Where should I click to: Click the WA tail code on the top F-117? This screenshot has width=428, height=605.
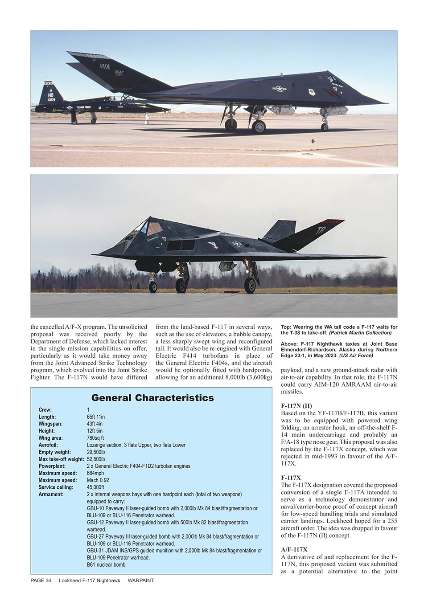(105, 67)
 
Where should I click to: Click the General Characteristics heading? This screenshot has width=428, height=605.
(152, 398)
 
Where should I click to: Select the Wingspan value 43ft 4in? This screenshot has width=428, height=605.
(96, 424)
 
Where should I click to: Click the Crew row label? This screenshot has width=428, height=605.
(45, 410)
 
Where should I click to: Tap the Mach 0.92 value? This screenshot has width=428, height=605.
(98, 480)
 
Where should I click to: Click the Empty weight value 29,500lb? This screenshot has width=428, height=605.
(96, 452)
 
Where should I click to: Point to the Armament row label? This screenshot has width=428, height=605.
(51, 494)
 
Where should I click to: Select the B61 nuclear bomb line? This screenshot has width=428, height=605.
(106, 564)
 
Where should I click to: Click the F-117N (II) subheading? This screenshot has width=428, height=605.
(296, 406)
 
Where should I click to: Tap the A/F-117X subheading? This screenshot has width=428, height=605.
(294, 550)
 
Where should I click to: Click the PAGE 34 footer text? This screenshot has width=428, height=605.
(41, 580)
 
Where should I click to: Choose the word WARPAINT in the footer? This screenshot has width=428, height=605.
(140, 580)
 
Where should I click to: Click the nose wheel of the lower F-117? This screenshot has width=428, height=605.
(153, 287)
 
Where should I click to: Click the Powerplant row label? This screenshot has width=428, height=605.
(52, 466)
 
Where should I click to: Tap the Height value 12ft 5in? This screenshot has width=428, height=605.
(95, 431)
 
